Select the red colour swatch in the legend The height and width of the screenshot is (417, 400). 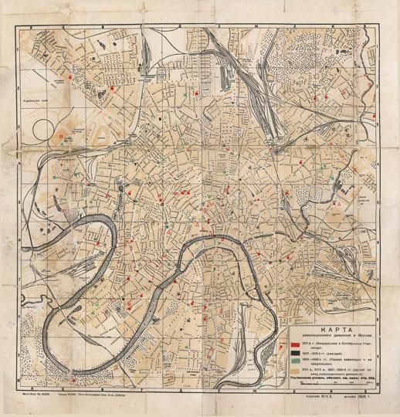click(x=297, y=345)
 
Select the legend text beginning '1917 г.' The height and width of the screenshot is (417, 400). click(x=340, y=345)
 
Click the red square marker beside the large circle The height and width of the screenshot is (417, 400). click(x=62, y=135)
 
